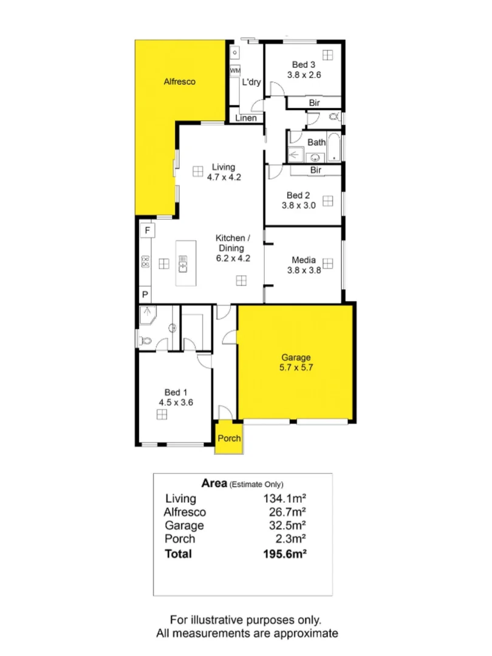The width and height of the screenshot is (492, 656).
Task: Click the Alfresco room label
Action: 180,81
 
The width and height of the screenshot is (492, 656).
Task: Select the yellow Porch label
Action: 230,438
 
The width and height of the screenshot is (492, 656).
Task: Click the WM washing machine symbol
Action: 235,71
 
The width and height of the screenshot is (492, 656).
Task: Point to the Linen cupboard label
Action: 246,118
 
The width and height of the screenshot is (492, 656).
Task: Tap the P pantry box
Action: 146,295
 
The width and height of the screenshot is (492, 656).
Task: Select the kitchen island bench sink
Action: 183,264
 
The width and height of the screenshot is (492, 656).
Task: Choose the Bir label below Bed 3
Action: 314,103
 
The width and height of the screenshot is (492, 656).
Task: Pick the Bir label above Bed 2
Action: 316,170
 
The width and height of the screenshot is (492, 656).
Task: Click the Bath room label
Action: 316,142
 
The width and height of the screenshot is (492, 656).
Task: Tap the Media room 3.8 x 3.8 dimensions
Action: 304,271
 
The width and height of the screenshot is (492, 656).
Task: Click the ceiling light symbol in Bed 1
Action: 162,414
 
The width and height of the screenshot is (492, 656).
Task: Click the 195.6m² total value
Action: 284,553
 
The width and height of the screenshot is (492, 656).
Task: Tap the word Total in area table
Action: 178,553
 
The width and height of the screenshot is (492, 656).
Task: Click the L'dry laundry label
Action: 251,83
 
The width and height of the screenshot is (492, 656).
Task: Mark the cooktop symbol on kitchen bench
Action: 145,262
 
